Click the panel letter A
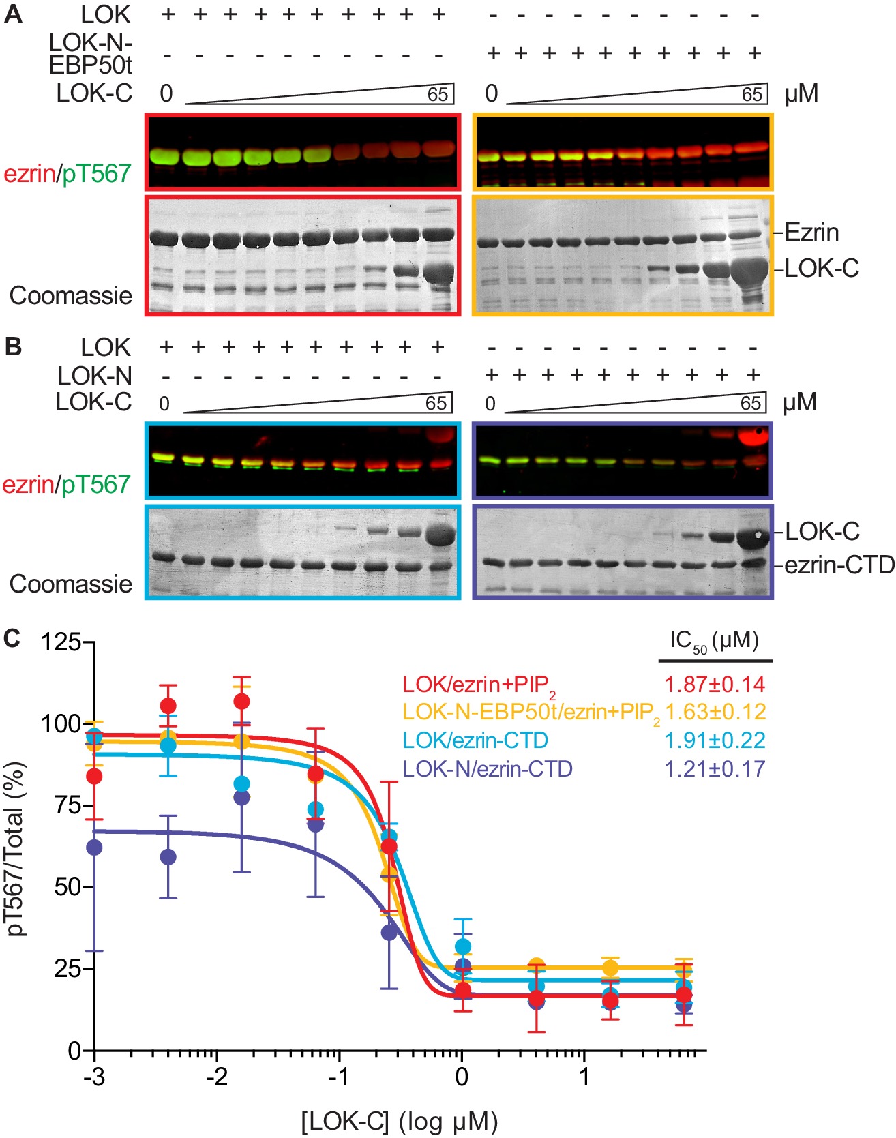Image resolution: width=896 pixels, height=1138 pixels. [14, 14]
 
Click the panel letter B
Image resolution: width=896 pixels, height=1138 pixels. [13, 347]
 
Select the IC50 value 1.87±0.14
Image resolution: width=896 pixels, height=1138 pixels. [715, 684]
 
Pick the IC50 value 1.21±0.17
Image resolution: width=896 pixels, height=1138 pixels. [715, 769]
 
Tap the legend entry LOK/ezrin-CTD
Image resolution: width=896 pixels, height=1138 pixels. [475, 740]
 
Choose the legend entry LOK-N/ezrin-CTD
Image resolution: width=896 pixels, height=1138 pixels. [488, 769]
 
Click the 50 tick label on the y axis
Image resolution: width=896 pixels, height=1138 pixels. [68, 887]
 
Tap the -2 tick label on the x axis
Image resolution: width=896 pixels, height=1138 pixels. [217, 1077]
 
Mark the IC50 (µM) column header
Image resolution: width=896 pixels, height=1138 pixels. [714, 642]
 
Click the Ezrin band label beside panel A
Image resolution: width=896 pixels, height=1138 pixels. [812, 233]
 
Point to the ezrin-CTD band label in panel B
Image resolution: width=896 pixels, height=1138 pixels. [839, 565]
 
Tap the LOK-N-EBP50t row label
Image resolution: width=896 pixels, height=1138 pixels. [91, 53]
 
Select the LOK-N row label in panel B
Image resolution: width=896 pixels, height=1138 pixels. [95, 376]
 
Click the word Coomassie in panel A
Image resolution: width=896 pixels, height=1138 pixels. [71, 296]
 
